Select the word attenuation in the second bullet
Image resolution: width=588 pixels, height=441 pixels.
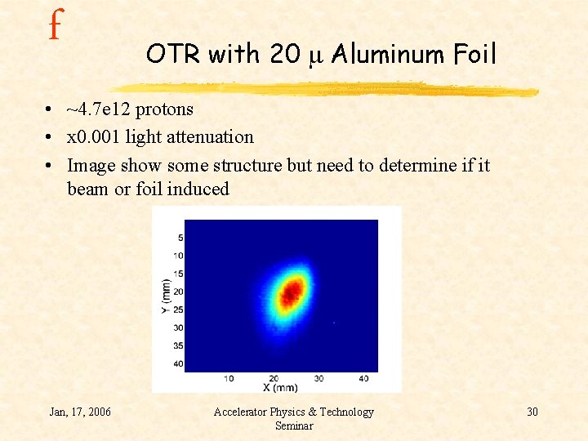pos(209,136)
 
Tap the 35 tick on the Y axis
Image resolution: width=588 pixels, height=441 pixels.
pos(178,345)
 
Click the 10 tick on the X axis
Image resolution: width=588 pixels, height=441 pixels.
pos(229,378)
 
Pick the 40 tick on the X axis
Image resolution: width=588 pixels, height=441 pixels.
pos(363,378)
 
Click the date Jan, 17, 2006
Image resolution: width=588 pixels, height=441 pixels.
pos(80,412)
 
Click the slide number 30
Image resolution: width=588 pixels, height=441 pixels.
pos(532,412)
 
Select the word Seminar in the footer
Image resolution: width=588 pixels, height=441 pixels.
pos(293,425)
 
